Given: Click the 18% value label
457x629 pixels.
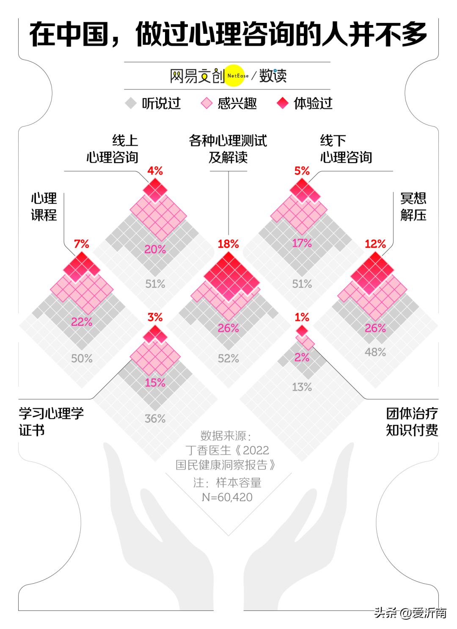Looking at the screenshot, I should tap(228, 244).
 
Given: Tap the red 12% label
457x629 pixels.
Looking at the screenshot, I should tap(375, 244).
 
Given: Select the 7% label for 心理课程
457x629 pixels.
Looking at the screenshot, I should tap(82, 244).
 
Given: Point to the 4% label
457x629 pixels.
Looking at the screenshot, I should tap(155, 171).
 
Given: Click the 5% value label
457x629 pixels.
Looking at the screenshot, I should tap(302, 171).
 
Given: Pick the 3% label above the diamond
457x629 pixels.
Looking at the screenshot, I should tap(155, 317).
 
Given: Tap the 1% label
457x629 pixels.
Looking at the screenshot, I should tap(302, 317).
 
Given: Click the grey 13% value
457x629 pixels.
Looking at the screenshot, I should tap(302, 387).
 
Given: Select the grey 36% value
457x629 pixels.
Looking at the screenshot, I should tap(155, 418).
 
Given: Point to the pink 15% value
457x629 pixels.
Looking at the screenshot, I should tap(155, 382).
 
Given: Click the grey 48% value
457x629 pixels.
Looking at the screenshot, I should tap(375, 352).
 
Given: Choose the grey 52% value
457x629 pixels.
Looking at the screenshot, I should tap(228, 358).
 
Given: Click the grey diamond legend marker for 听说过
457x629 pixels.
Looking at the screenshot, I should tap(131, 103).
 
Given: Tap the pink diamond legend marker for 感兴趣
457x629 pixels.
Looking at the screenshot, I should tap(206, 103).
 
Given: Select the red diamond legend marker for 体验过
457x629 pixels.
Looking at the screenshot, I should tap(282, 103).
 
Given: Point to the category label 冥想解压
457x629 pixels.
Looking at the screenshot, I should tap(413, 207).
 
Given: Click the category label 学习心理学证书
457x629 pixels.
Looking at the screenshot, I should tap(51, 422).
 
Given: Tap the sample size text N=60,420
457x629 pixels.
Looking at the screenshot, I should tap(227, 497).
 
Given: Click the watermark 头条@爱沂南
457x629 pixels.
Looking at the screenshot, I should tap(410, 613).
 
